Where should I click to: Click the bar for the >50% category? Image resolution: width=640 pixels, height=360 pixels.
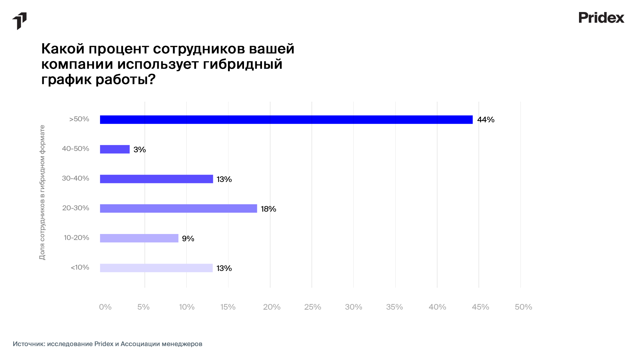point(286,120)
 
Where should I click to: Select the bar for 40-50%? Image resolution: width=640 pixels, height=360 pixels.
point(115,149)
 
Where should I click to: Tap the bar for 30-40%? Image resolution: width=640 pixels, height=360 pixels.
point(156,179)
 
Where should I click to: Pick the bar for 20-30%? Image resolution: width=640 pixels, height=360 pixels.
point(178,209)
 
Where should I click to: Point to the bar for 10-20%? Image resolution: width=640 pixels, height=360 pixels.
point(139,238)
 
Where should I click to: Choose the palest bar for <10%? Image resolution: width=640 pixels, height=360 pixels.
point(156,268)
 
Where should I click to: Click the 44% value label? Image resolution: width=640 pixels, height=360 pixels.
point(486,120)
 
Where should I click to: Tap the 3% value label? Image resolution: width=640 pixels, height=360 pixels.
point(140,150)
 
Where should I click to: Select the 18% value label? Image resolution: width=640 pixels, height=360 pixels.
point(268,209)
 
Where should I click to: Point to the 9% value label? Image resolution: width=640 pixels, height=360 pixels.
point(188,239)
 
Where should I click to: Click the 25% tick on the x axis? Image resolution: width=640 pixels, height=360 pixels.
point(312,307)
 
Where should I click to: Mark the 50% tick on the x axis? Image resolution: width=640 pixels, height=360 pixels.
point(523,307)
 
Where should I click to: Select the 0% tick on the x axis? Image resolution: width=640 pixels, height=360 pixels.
point(105,307)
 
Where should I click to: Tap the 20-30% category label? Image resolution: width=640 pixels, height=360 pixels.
point(76,208)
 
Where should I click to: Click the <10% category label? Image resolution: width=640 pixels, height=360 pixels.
point(80,267)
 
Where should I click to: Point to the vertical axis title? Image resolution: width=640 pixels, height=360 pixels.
point(42,192)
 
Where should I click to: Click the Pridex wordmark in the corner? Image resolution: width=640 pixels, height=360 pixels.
point(601,18)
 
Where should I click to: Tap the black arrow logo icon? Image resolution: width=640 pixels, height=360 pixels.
point(20,21)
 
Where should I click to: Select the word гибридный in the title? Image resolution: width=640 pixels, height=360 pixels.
point(243,64)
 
